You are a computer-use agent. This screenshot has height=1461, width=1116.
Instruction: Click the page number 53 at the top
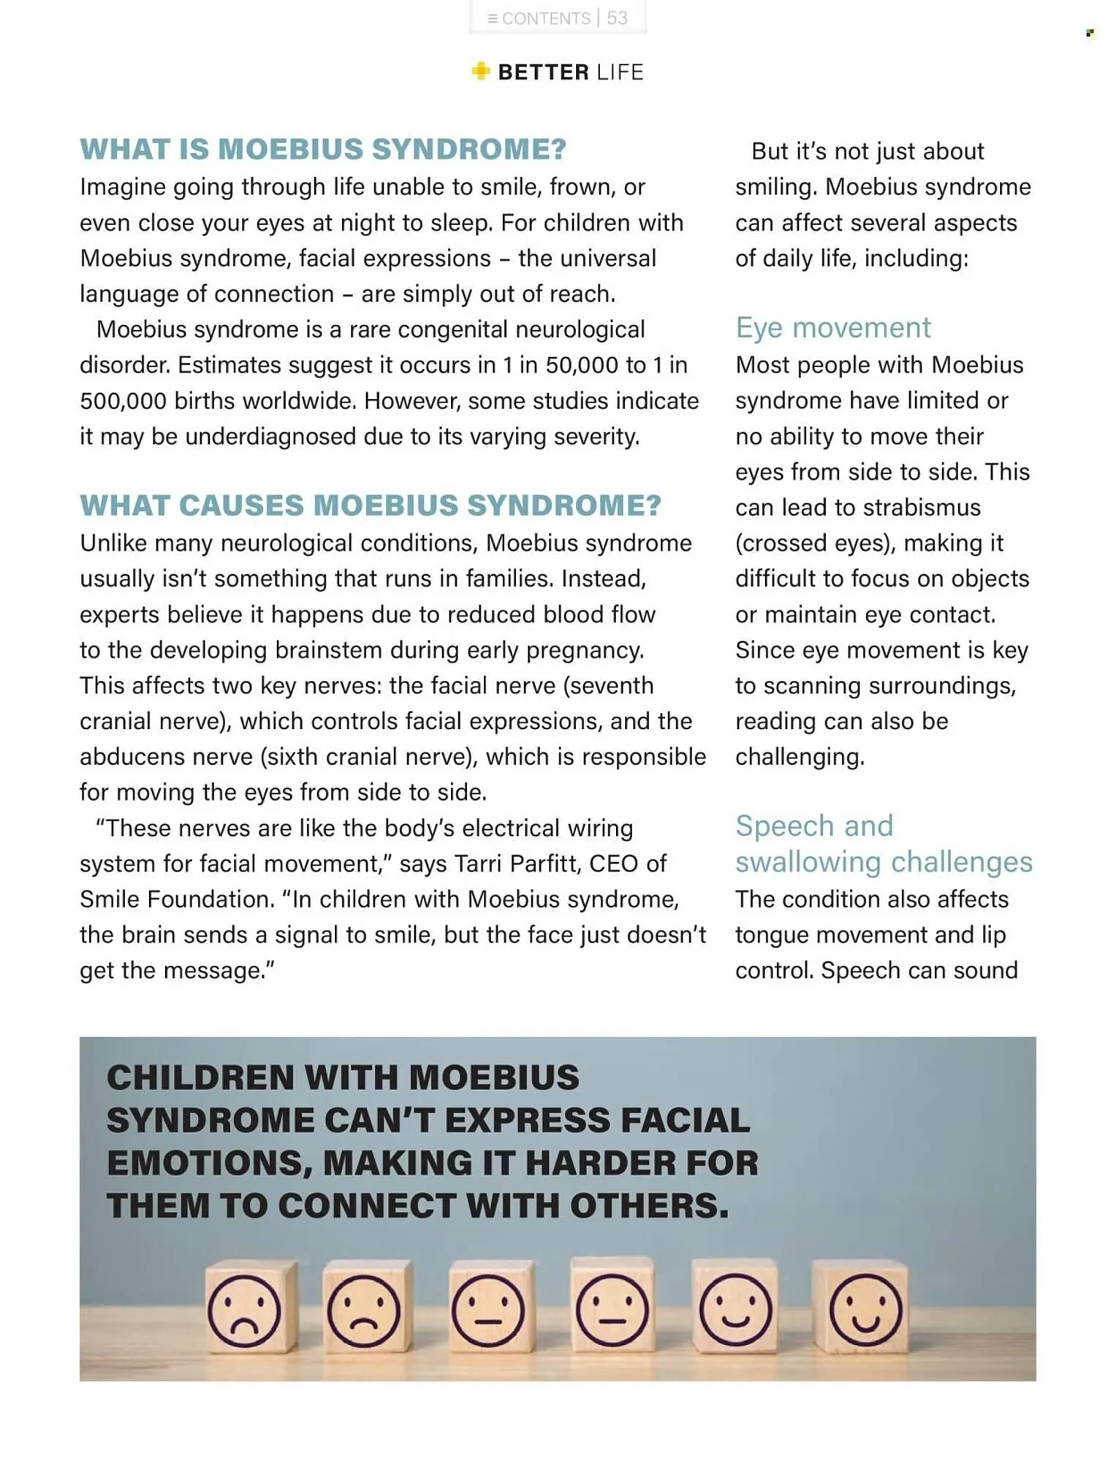[617, 18]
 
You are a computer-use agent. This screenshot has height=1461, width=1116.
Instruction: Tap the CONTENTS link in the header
[545, 18]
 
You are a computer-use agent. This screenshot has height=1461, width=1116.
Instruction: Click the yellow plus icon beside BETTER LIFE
[480, 72]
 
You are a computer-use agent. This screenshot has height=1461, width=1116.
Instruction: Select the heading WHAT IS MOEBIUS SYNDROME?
[323, 149]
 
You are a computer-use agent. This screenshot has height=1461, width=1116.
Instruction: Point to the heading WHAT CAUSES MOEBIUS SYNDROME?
[370, 506]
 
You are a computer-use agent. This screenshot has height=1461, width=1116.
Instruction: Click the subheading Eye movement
[832, 328]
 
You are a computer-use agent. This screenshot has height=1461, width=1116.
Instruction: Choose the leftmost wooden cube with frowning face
[247, 1307]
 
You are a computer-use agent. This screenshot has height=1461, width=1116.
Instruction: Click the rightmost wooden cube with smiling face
[862, 1307]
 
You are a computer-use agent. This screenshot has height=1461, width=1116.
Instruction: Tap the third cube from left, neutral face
[488, 1307]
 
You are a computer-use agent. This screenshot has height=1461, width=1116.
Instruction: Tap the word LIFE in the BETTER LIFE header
[620, 72]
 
